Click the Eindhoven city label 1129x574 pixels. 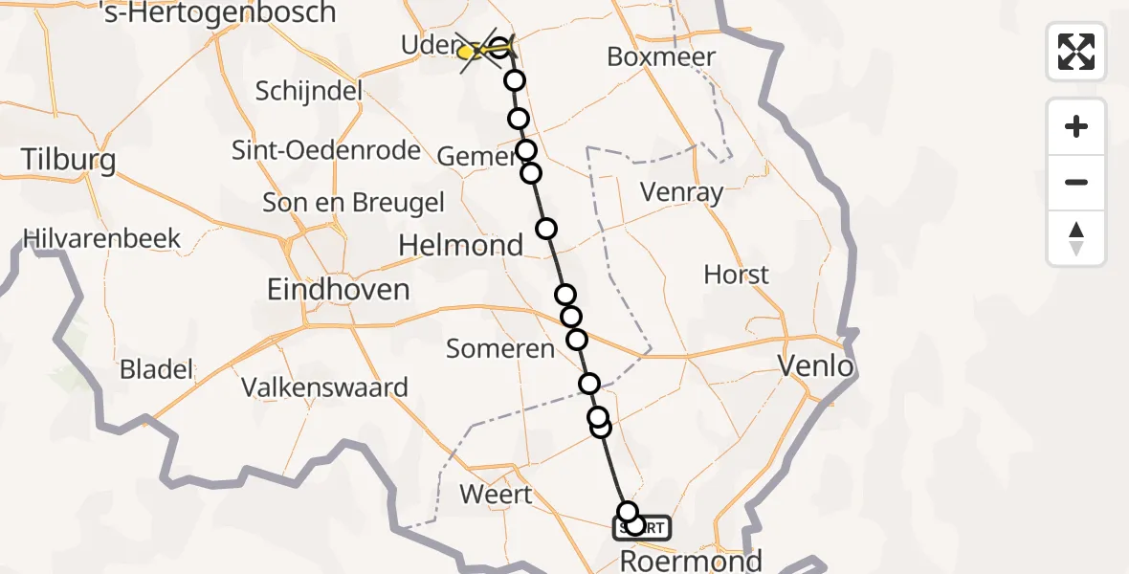click(338, 289)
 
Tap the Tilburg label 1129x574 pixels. click(68, 159)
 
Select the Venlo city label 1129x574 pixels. click(815, 365)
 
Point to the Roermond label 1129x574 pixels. click(692, 560)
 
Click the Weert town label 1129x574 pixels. click(496, 495)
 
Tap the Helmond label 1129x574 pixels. click(460, 246)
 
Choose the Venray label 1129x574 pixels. click(681, 192)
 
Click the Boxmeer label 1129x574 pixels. click(661, 57)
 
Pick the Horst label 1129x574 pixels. click(736, 276)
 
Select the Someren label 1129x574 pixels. click(500, 349)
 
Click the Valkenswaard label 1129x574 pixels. click(324, 387)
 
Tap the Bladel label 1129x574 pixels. click(157, 369)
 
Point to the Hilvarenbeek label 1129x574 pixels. click(102, 238)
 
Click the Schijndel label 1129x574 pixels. click(309, 92)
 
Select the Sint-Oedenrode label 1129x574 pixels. click(326, 150)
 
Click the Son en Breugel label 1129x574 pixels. click(354, 203)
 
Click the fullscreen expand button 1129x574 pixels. click(1076, 52)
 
